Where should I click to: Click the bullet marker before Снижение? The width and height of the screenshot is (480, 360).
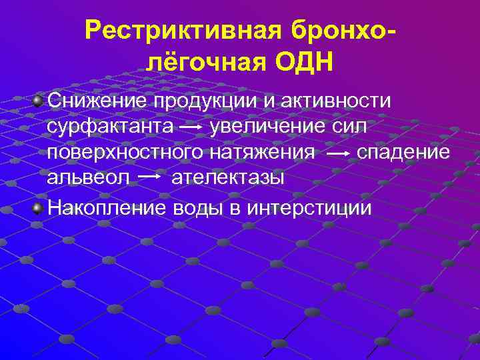point(39,100)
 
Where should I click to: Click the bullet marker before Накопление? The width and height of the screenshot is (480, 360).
point(39,207)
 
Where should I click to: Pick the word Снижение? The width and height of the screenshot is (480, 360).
point(98,100)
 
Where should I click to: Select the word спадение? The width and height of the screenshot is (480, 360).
point(404,153)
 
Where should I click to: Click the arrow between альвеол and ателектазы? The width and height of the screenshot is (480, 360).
point(151,177)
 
